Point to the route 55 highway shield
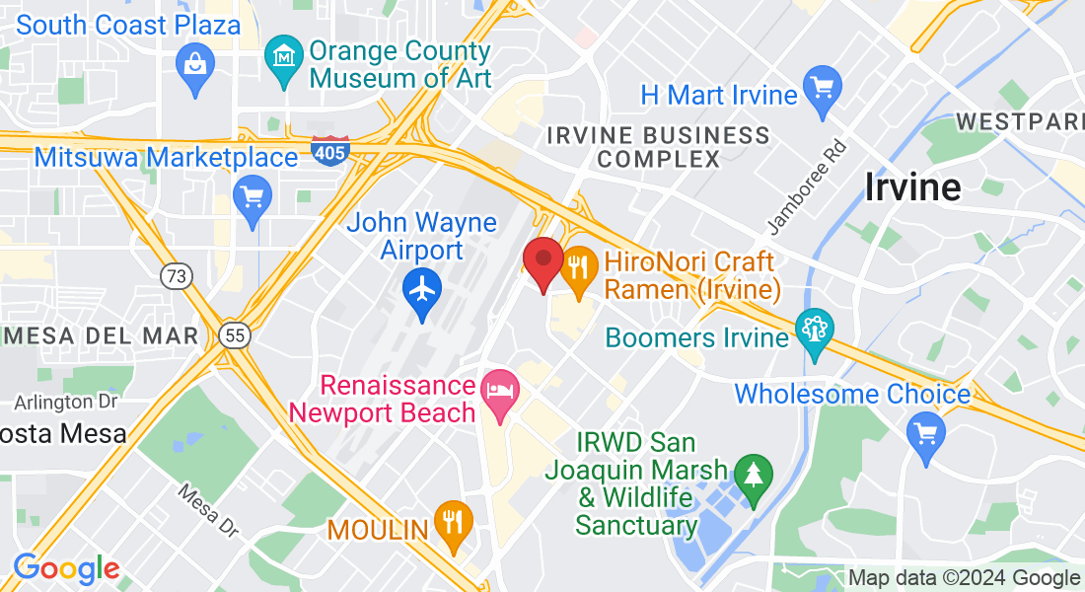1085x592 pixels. [x=234, y=335]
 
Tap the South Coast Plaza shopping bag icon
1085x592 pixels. [x=194, y=67]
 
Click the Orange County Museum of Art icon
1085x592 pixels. [x=285, y=57]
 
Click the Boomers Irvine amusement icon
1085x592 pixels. [x=814, y=331]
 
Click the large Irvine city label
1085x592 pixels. [x=912, y=186]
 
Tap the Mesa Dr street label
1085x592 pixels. [x=209, y=510]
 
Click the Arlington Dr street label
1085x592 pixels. [x=66, y=402]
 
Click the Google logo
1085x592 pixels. [x=66, y=569]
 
